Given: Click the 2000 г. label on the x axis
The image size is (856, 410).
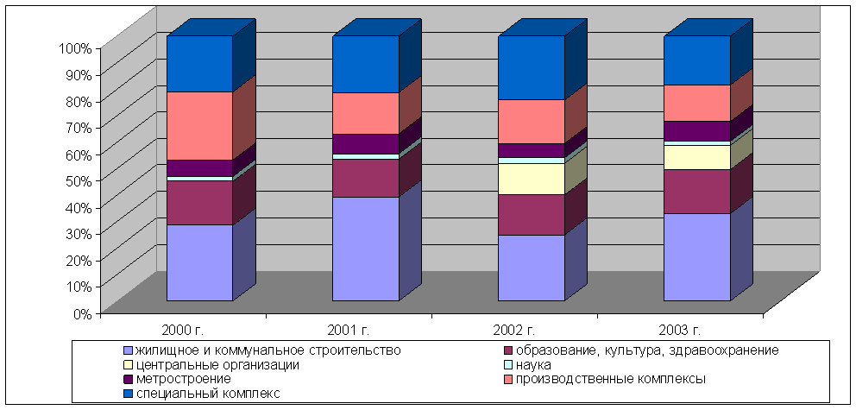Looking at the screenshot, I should pyautogui.click(x=183, y=330).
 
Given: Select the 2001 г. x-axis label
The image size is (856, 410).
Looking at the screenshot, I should pyautogui.click(x=349, y=330).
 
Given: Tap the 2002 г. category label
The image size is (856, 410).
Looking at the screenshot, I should pyautogui.click(x=515, y=330).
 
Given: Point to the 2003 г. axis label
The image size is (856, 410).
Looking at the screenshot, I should pyautogui.click(x=681, y=330).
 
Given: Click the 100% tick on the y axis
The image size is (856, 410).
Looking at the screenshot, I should pyautogui.click(x=74, y=47).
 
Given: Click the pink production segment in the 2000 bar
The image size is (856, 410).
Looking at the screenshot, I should pyautogui.click(x=199, y=125).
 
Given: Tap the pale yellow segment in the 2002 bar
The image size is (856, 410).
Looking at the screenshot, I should pyautogui.click(x=532, y=179).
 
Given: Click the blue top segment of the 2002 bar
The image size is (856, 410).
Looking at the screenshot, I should pyautogui.click(x=532, y=67).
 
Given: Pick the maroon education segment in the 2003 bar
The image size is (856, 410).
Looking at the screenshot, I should pyautogui.click(x=696, y=191).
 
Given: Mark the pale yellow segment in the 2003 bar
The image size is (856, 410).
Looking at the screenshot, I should pyautogui.click(x=696, y=157).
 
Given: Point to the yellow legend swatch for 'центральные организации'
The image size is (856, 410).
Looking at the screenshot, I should pyautogui.click(x=129, y=365).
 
